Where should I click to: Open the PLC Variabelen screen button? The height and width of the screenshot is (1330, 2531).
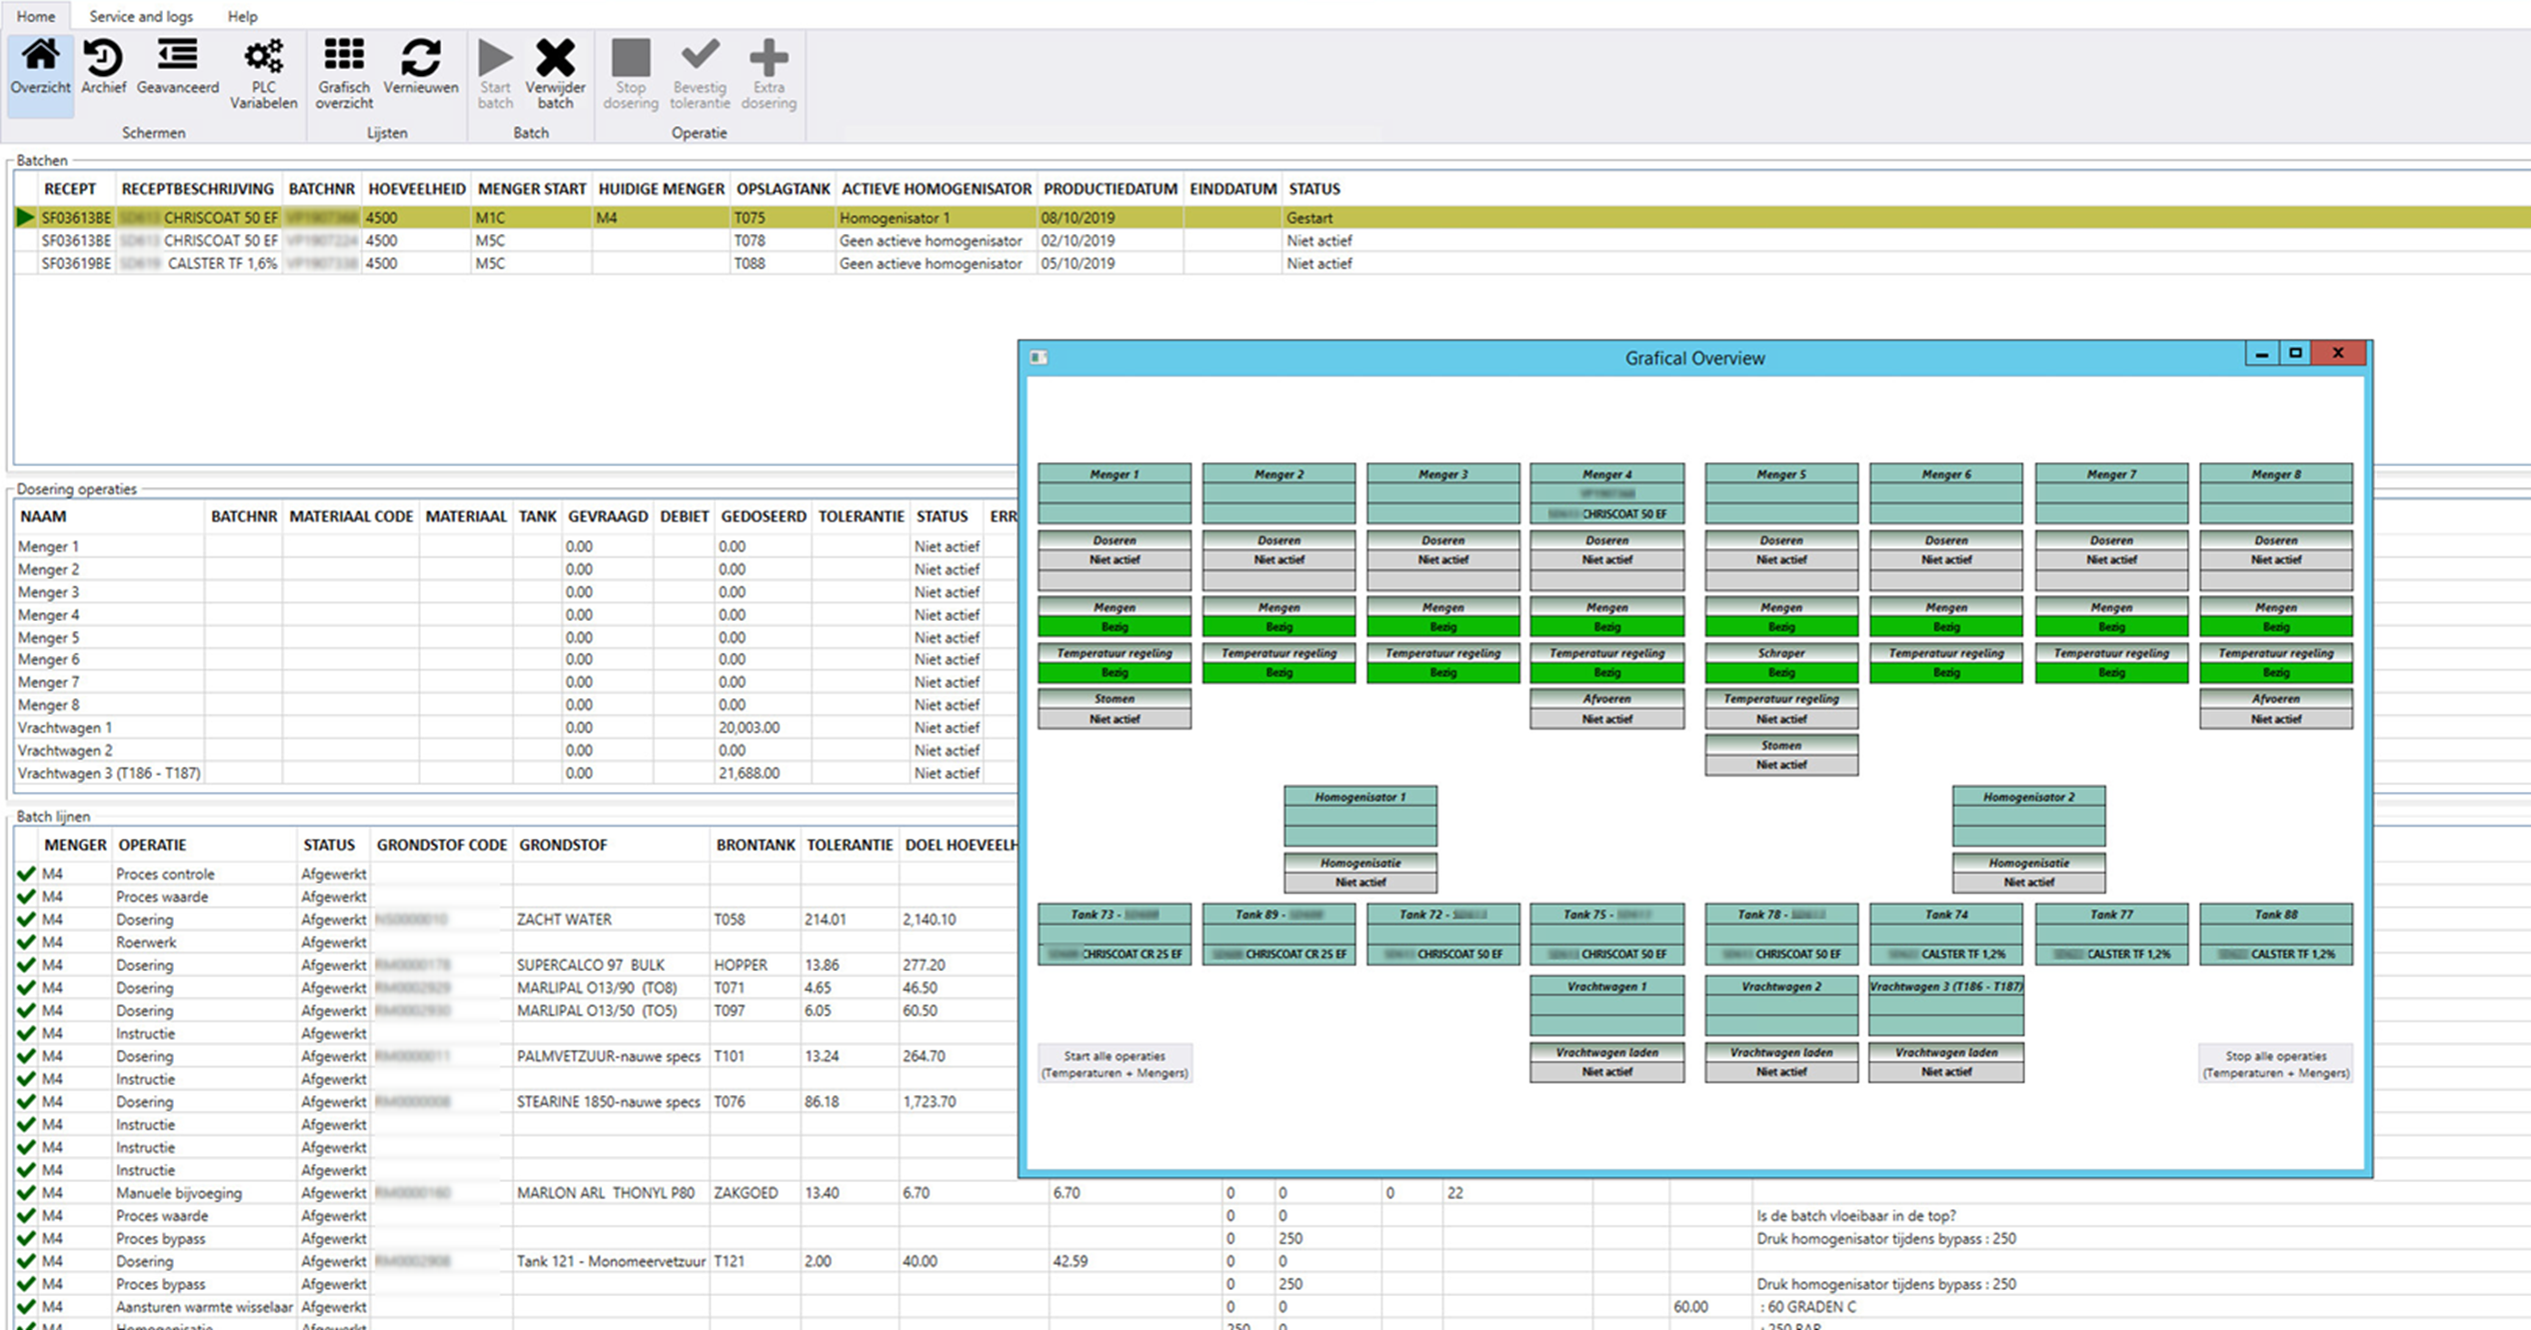(x=264, y=73)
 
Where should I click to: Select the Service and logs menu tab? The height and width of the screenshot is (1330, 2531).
(x=141, y=16)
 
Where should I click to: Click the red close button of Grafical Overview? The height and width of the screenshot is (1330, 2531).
(x=2338, y=353)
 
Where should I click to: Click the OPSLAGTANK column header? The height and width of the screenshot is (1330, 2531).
(x=783, y=189)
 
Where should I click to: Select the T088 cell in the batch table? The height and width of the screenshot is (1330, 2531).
(x=750, y=264)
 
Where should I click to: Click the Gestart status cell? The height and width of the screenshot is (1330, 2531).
(x=1309, y=218)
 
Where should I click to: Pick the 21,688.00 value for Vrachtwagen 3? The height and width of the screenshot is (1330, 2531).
(x=749, y=773)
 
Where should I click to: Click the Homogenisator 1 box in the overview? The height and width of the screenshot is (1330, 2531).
(x=1360, y=815)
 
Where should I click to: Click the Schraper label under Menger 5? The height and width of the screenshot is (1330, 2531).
(x=1781, y=653)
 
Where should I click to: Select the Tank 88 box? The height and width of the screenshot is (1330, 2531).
(x=2276, y=933)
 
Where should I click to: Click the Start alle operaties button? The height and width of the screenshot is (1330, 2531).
(x=1115, y=1064)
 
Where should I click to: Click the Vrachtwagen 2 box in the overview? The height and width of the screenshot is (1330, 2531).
(x=1781, y=1005)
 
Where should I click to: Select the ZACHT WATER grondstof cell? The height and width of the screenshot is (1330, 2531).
(x=564, y=919)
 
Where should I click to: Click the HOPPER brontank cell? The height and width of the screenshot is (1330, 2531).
(x=741, y=965)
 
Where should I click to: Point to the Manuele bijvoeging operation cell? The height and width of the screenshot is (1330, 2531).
(x=179, y=1193)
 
